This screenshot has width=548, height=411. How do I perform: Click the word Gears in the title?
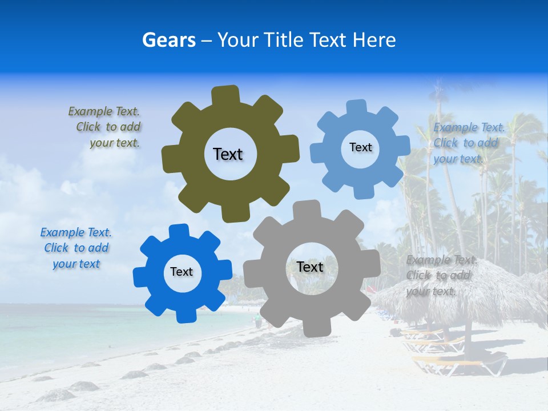[x=168, y=41]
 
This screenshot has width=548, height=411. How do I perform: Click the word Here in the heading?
[x=374, y=41]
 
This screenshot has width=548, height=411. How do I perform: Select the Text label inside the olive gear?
[x=228, y=154]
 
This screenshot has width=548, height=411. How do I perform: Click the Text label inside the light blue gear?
[x=360, y=147]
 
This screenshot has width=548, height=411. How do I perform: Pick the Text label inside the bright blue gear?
[x=182, y=272]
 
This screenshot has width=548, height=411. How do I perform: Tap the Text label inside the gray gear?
[x=310, y=267]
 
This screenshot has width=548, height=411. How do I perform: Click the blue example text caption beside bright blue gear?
[x=76, y=248]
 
